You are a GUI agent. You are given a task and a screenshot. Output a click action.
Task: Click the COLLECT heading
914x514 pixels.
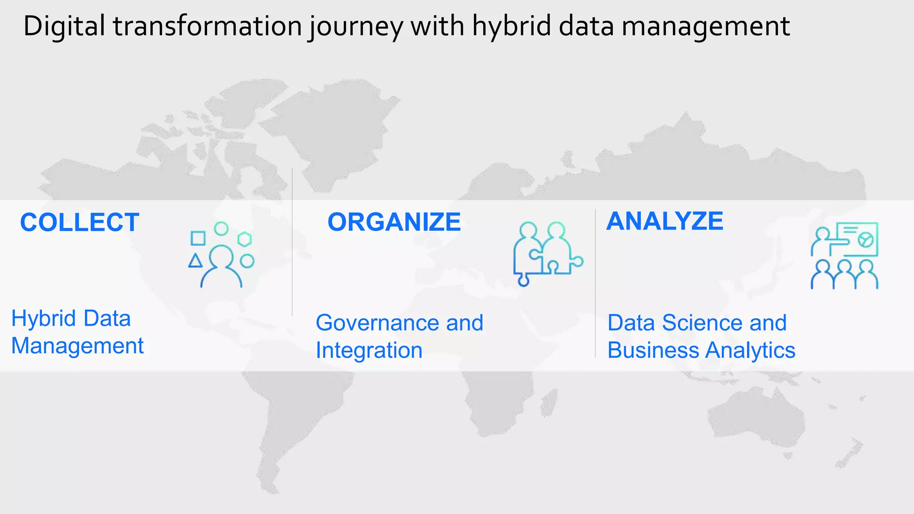coord(79,222)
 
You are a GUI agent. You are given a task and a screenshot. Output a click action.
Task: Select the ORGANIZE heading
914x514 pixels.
coord(394,222)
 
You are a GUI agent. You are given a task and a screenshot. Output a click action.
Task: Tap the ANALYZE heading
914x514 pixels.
coord(665,221)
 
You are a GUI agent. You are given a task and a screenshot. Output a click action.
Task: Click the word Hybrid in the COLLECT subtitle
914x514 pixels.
coord(44,319)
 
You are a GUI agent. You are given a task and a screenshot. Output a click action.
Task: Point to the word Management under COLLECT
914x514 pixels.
coord(77,346)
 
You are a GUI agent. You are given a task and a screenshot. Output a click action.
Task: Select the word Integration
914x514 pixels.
coord(369,350)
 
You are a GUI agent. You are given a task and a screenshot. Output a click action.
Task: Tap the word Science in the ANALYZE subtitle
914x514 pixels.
coord(702,323)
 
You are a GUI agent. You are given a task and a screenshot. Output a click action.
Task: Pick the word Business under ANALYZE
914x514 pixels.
coord(653,350)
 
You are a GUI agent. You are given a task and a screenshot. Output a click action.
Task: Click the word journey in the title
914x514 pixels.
coord(355,27)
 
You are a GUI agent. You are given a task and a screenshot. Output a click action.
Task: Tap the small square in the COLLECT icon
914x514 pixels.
coord(198,238)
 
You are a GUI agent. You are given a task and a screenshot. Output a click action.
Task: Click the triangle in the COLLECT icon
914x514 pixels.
coord(195,261)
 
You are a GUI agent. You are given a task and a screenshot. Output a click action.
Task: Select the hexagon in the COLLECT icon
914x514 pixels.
coord(245,239)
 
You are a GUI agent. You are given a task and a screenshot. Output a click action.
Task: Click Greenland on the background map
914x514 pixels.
coord(330,120)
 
